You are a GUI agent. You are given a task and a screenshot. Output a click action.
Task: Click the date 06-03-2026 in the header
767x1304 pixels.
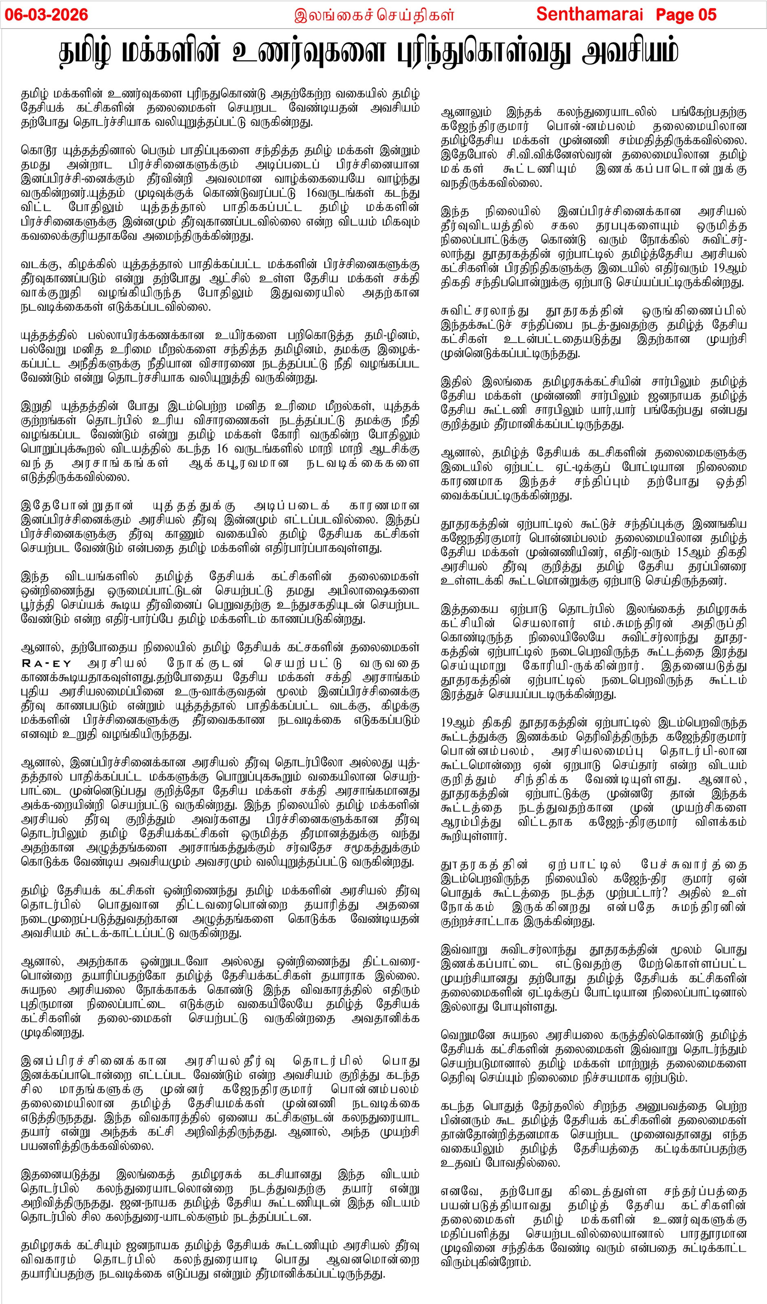coord(46,15)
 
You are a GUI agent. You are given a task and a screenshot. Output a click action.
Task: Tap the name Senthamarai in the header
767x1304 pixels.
coord(589,15)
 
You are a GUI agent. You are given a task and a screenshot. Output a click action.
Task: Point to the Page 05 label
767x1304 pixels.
coord(686,15)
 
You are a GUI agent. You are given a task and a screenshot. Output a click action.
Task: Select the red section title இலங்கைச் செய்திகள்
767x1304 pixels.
coord(374,15)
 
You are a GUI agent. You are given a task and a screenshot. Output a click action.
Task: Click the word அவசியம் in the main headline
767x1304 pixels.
coord(630,52)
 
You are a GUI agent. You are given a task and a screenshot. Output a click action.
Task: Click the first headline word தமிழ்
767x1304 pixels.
coord(86,52)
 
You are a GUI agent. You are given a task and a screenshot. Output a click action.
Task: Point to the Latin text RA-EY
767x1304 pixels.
coord(46,663)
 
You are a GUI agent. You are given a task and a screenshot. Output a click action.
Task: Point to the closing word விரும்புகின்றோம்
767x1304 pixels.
coord(486,1262)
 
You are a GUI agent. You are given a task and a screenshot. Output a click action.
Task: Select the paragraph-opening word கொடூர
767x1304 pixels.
coord(38,151)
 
